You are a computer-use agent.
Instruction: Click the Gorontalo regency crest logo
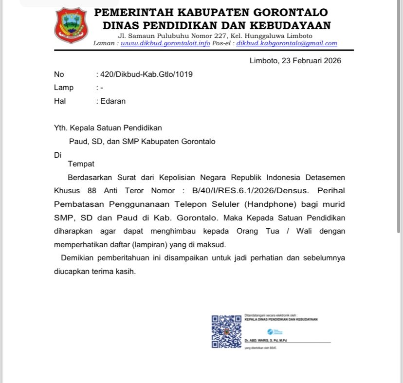72,25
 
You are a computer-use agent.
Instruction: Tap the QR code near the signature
226,331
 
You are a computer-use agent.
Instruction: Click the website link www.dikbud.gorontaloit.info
165,43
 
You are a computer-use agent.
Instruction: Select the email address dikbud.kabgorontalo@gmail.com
287,43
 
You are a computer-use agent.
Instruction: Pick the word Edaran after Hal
113,101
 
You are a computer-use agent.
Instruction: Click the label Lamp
64,88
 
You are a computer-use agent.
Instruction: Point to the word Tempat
81,164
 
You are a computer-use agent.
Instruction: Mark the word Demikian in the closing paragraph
79,258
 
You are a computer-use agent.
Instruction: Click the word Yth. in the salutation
61,128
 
